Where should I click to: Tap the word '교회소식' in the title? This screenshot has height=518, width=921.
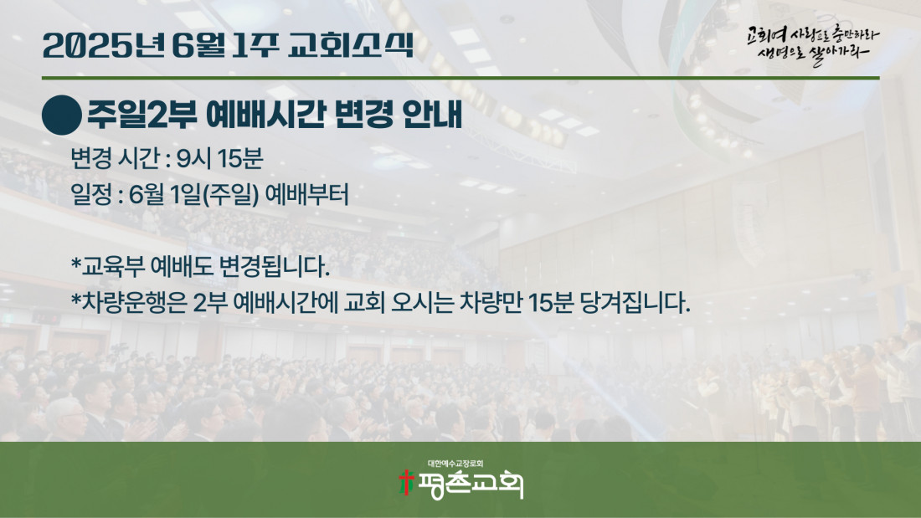(x=352, y=45)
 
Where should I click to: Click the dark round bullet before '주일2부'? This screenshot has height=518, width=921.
(x=62, y=115)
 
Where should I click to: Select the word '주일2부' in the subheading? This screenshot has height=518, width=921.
(x=142, y=114)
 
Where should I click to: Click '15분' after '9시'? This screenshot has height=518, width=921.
(x=240, y=158)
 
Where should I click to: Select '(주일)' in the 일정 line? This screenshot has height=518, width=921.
(x=231, y=195)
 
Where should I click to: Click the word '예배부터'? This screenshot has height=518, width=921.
(x=307, y=195)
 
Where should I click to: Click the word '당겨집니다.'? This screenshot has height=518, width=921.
(x=635, y=303)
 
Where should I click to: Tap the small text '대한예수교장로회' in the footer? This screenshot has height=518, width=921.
(x=455, y=464)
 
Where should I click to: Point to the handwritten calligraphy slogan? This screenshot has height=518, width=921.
(x=813, y=45)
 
